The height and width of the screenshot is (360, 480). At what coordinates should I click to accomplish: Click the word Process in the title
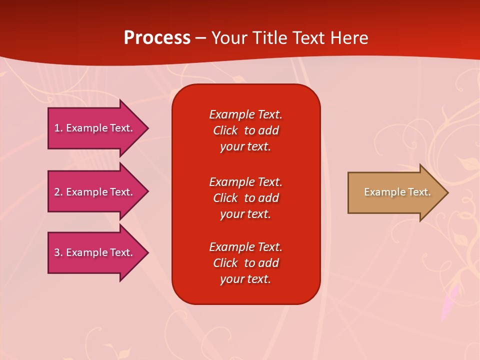point(157,38)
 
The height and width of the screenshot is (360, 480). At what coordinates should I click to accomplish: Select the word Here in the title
point(349,38)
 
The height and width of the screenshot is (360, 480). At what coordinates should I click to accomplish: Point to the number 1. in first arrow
point(58,128)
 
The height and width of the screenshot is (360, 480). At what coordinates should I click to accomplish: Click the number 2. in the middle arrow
point(58,192)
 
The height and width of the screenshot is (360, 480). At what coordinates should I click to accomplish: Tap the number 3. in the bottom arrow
point(58,252)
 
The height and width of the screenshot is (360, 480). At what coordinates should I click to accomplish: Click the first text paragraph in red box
point(245,130)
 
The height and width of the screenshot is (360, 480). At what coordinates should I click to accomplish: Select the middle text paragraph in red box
point(245,198)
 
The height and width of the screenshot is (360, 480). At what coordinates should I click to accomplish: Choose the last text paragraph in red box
point(245,263)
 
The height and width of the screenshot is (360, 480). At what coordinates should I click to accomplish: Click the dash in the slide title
point(200,38)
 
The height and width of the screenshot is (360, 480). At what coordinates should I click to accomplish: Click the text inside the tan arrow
point(397,192)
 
